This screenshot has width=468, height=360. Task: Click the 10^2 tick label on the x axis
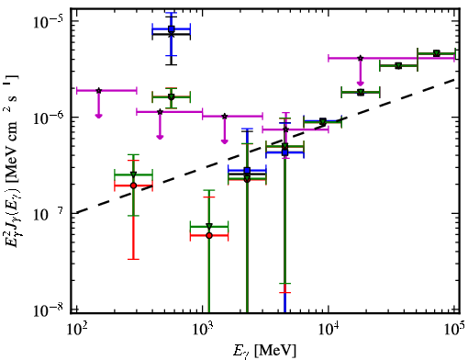click(x=77, y=331)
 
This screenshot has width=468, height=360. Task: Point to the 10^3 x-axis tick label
click(x=203, y=331)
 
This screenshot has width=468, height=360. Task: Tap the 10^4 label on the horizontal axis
click(x=329, y=331)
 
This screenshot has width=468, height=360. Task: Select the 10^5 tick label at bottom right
click(x=454, y=330)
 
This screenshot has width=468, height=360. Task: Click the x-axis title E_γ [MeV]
click(x=264, y=351)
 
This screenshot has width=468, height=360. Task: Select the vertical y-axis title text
click(x=12, y=163)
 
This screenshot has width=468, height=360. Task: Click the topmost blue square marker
click(x=172, y=29)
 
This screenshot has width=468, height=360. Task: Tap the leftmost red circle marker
click(x=133, y=186)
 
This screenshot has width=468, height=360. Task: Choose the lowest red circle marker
click(x=209, y=235)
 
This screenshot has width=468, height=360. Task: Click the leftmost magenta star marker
click(x=98, y=91)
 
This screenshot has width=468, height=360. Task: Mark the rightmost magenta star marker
click(x=361, y=58)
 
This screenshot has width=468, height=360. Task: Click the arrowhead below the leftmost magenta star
click(x=98, y=116)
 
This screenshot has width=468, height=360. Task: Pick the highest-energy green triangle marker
click(x=437, y=53)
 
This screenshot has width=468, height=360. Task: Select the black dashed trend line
click(x=267, y=146)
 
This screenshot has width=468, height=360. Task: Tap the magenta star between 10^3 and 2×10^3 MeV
click(x=225, y=117)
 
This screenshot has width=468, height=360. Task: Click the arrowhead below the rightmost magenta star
click(x=361, y=83)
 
